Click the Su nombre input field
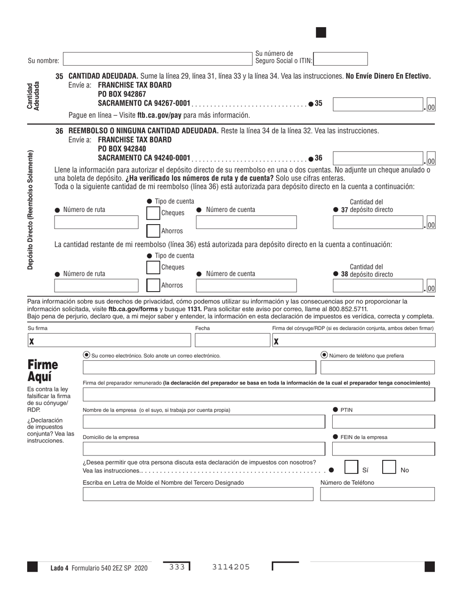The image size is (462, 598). (x=158, y=59)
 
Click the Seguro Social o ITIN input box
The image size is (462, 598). (x=340, y=59)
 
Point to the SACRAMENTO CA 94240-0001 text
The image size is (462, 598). (x=144, y=158)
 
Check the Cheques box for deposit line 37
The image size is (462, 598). (x=153, y=213)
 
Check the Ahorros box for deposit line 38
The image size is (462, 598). (x=153, y=285)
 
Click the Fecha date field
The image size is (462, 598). (x=231, y=340)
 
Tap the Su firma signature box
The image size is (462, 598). (x=109, y=340)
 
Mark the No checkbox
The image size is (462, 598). (x=389, y=467)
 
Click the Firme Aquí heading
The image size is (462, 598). (x=43, y=370)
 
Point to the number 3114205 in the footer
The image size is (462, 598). (x=231, y=567)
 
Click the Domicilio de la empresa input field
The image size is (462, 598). (x=203, y=449)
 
